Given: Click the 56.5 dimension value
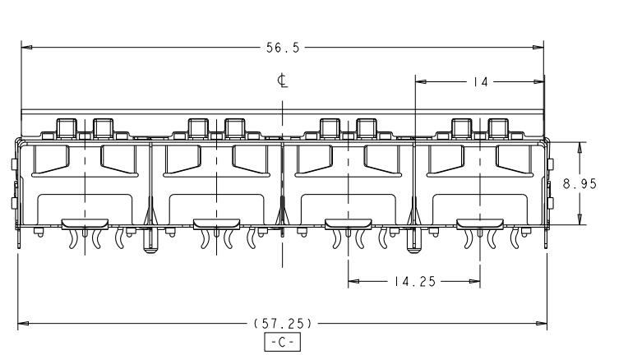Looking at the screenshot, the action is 283,48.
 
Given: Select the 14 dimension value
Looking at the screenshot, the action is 479,82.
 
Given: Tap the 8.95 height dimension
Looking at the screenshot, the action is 580,184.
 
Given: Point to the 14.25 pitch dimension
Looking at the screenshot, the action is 414,282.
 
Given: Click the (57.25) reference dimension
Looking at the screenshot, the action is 283,323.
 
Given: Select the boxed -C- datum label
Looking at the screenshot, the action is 283,342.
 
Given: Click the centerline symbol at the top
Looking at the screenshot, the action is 283,81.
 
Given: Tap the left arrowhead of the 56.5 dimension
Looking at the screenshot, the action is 26,48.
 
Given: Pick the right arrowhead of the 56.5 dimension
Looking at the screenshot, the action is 538,48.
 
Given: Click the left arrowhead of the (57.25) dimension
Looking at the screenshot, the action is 23,323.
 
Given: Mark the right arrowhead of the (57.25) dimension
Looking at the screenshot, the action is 542,323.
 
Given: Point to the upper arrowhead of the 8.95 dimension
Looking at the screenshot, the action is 580,147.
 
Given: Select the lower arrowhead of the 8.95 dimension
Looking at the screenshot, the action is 580,219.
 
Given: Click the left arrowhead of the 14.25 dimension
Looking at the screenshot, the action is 353,281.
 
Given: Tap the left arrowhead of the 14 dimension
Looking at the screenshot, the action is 421,81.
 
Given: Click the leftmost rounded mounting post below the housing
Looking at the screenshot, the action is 150,241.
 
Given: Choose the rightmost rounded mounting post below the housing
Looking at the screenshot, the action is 413,241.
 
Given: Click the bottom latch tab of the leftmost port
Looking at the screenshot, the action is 85,224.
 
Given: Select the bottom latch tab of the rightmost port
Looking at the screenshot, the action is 480,224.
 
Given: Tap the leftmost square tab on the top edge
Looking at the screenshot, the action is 67,128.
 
